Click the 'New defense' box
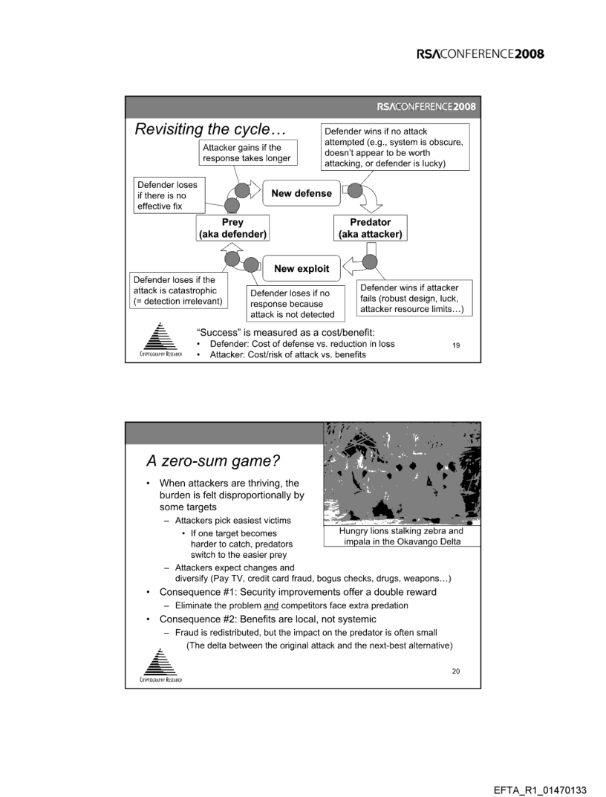pos(302,193)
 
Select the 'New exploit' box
pos(301,267)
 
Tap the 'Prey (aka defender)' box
pos(232,228)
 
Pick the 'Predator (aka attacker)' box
pos(370,228)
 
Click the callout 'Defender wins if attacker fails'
pos(411,299)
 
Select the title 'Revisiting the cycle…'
pos(209,129)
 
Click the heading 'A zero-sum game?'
pos(201,461)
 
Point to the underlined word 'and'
pos(257,605)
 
